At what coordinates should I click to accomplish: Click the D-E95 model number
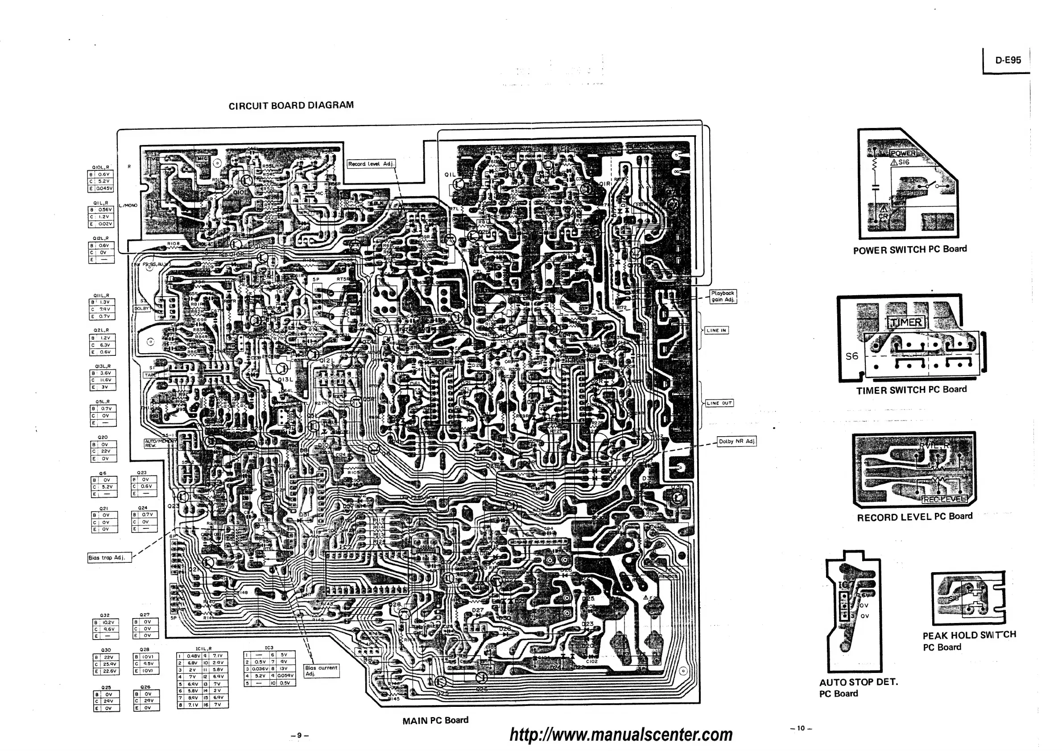coord(1008,60)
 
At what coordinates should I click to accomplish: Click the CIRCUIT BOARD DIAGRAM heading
coord(291,105)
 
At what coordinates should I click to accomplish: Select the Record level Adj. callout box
coord(372,164)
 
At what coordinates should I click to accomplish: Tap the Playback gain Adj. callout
coord(723,297)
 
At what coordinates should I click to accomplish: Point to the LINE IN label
coord(716,330)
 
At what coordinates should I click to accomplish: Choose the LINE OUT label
coord(719,403)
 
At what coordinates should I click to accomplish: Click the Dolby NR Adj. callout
coord(736,441)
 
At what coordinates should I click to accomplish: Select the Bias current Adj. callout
coord(322,671)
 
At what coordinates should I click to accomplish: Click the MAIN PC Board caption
coord(435,720)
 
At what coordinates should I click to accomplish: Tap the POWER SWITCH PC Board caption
coord(910,250)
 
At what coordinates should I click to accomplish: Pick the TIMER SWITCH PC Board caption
coord(911,390)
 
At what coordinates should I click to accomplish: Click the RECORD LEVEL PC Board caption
coord(914,517)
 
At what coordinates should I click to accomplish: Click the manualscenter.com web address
coord(621,734)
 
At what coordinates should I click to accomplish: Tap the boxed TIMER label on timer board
coord(905,322)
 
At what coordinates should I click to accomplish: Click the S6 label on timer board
coord(851,356)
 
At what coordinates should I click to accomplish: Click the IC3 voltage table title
coord(269,648)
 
